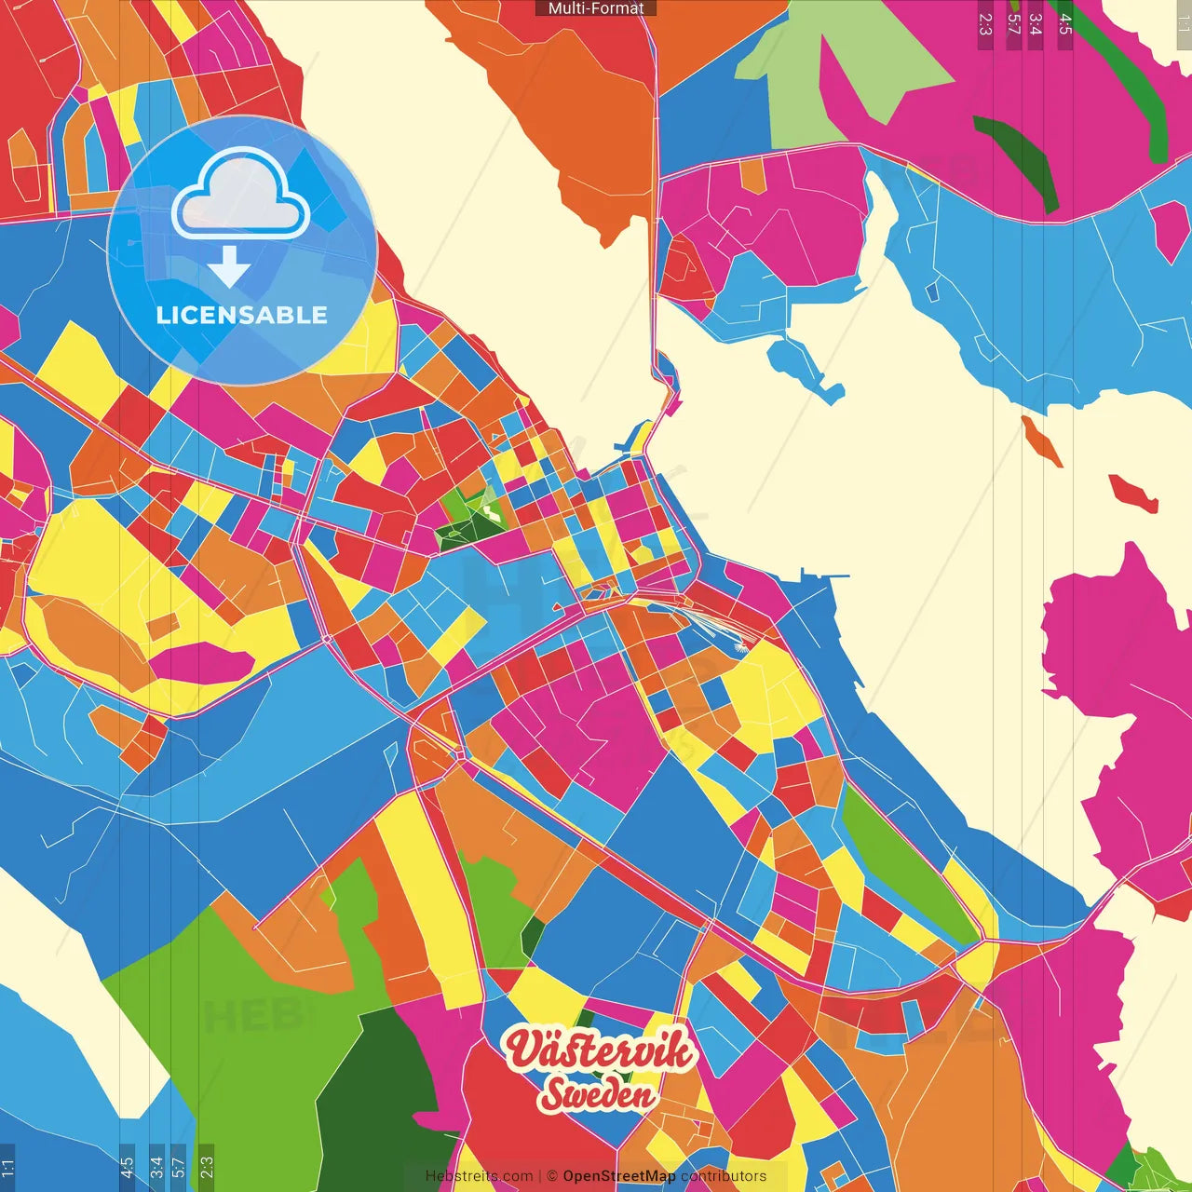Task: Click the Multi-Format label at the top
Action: tap(596, 8)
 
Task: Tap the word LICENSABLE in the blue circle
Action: tap(241, 315)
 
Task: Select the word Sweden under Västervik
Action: tap(597, 1094)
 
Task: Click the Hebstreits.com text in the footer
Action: tap(479, 1176)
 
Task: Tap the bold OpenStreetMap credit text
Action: tap(618, 1176)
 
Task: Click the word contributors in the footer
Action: tap(724, 1176)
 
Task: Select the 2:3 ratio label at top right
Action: tap(985, 24)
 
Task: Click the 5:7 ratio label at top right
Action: tap(1013, 24)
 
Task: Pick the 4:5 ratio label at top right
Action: tap(1065, 24)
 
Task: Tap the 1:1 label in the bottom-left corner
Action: tap(7, 1167)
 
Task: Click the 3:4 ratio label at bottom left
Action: tap(156, 1167)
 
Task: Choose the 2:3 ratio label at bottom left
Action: tap(206, 1167)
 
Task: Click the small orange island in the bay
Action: tap(1041, 440)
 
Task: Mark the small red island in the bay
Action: tap(1133, 493)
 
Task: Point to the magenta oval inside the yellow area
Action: tap(200, 662)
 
